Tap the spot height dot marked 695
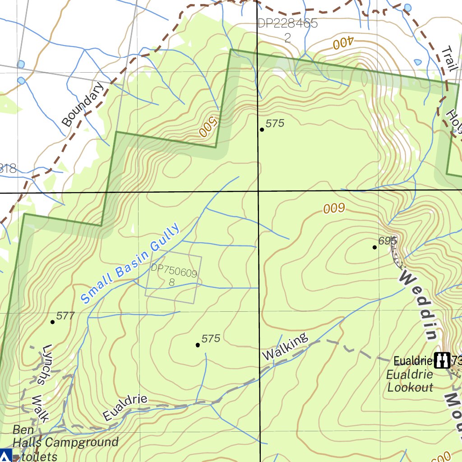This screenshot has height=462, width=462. pos(374,247)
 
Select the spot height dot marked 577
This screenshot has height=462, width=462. pos(53,322)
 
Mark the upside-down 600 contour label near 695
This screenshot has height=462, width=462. pos(334,208)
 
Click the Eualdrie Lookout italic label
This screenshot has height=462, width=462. pos(410,381)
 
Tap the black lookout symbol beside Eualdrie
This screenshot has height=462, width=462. pos(442,360)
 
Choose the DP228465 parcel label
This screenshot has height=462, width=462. pos(288,23)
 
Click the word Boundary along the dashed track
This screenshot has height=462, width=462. pos(83,104)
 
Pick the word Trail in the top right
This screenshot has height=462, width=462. pos(449,59)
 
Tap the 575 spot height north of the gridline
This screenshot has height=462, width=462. pos(262,129)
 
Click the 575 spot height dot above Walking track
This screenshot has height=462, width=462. pos(198,345)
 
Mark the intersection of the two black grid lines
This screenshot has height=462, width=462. pos(258,191)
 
